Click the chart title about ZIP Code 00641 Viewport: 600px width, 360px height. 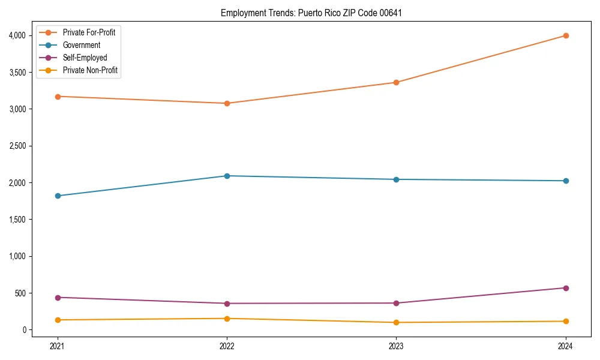[x=311, y=13]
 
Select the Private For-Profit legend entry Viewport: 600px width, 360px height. [x=89, y=32]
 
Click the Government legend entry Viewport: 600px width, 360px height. [x=82, y=45]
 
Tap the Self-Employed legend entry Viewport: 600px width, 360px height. [x=85, y=58]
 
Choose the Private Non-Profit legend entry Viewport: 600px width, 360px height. [x=90, y=70]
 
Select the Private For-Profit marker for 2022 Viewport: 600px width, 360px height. [x=227, y=103]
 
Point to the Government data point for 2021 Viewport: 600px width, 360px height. [x=58, y=196]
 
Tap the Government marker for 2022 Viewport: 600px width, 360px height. [x=227, y=176]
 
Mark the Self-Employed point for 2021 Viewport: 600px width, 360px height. [x=58, y=298]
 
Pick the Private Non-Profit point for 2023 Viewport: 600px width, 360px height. [x=396, y=322]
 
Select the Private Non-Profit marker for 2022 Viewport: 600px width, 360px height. [x=227, y=319]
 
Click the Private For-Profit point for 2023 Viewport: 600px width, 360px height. [x=396, y=82]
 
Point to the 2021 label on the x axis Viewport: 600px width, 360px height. [x=58, y=346]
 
